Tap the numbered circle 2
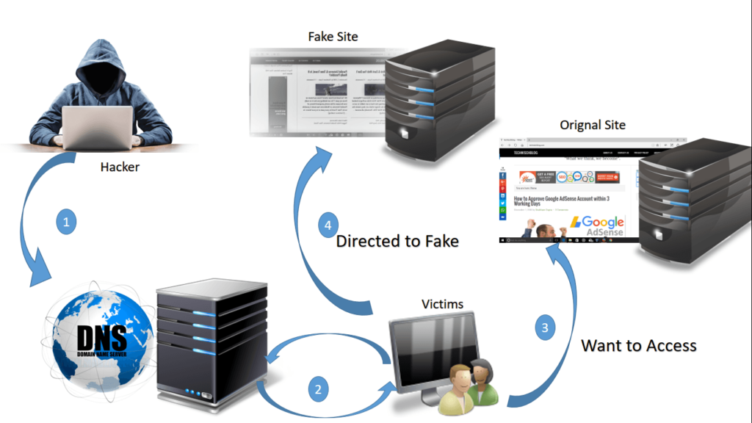[x=317, y=389]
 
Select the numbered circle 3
[x=544, y=328]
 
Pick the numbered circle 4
[x=329, y=224]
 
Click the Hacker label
[x=120, y=167]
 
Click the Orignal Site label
[x=593, y=125]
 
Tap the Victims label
[x=443, y=303]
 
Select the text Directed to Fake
[x=397, y=241]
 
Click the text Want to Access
[x=639, y=344]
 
